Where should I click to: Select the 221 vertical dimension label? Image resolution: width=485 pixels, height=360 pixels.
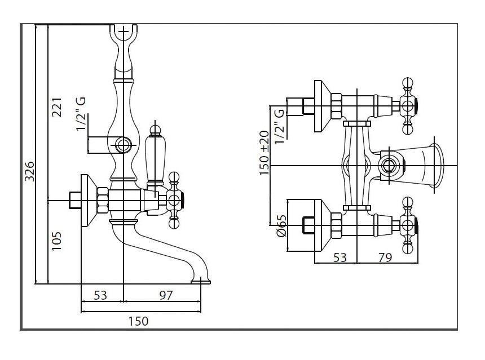57,106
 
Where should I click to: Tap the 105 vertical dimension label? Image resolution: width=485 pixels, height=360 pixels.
57,241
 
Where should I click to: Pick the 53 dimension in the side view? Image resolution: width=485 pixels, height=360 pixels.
100,294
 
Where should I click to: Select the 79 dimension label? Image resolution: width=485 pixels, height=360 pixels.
385,258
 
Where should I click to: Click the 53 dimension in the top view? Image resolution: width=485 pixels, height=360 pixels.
340,258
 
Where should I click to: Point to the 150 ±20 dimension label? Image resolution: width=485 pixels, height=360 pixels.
264,153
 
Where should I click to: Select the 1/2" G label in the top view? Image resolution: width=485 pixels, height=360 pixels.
279,125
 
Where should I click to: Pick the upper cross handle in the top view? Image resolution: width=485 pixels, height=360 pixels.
408,105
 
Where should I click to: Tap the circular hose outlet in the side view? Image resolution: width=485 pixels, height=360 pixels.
123,145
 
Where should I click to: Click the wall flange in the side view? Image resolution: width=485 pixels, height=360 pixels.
87,200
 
